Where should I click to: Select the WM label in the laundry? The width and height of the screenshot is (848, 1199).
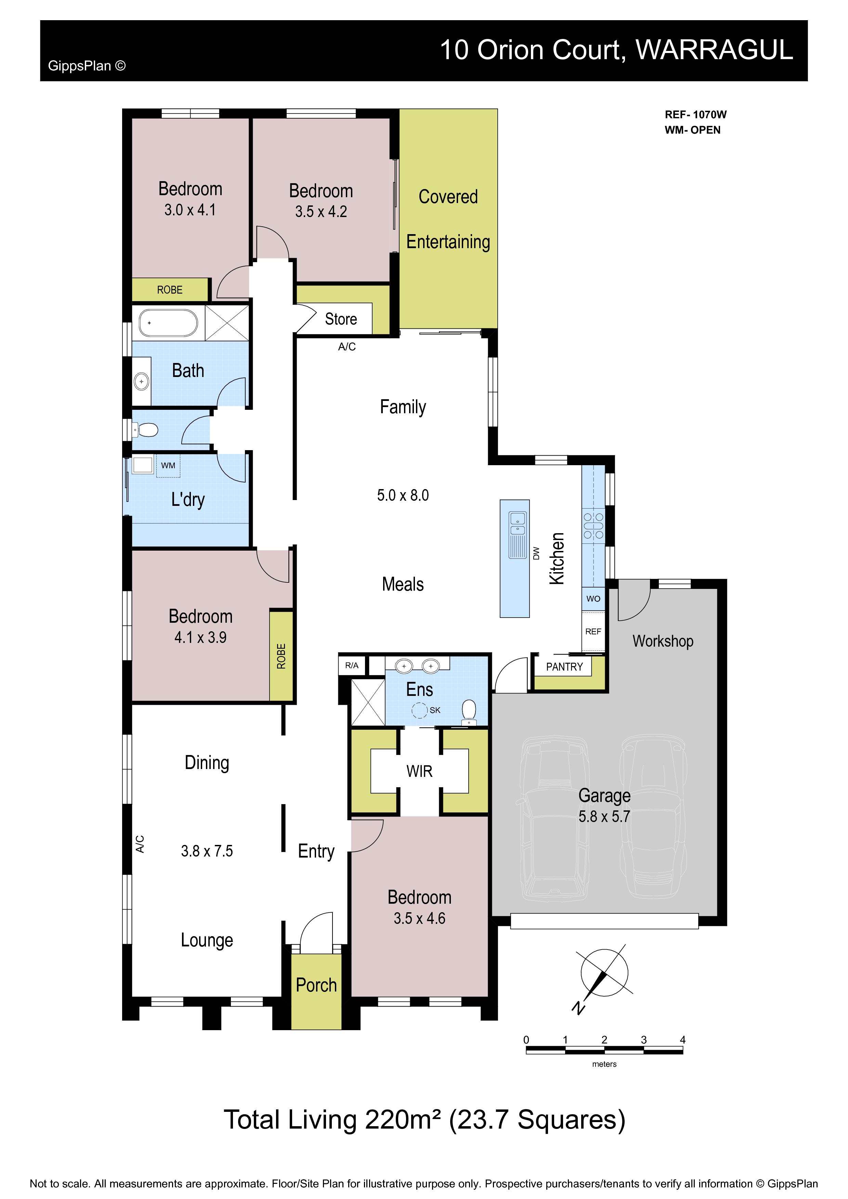[x=168, y=465]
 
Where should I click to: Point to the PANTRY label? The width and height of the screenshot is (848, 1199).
[x=564, y=667]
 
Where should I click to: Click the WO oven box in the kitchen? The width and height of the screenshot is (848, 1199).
[x=593, y=598]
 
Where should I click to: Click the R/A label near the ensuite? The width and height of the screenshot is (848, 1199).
[x=352, y=665]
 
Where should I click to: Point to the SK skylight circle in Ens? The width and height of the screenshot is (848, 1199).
[x=420, y=710]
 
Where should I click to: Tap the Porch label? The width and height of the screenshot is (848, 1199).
[x=316, y=985]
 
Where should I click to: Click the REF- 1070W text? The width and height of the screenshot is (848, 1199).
[x=695, y=115]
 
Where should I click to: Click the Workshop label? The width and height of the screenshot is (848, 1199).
[x=663, y=641]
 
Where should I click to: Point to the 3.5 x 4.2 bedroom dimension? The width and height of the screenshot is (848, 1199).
[x=321, y=212]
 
